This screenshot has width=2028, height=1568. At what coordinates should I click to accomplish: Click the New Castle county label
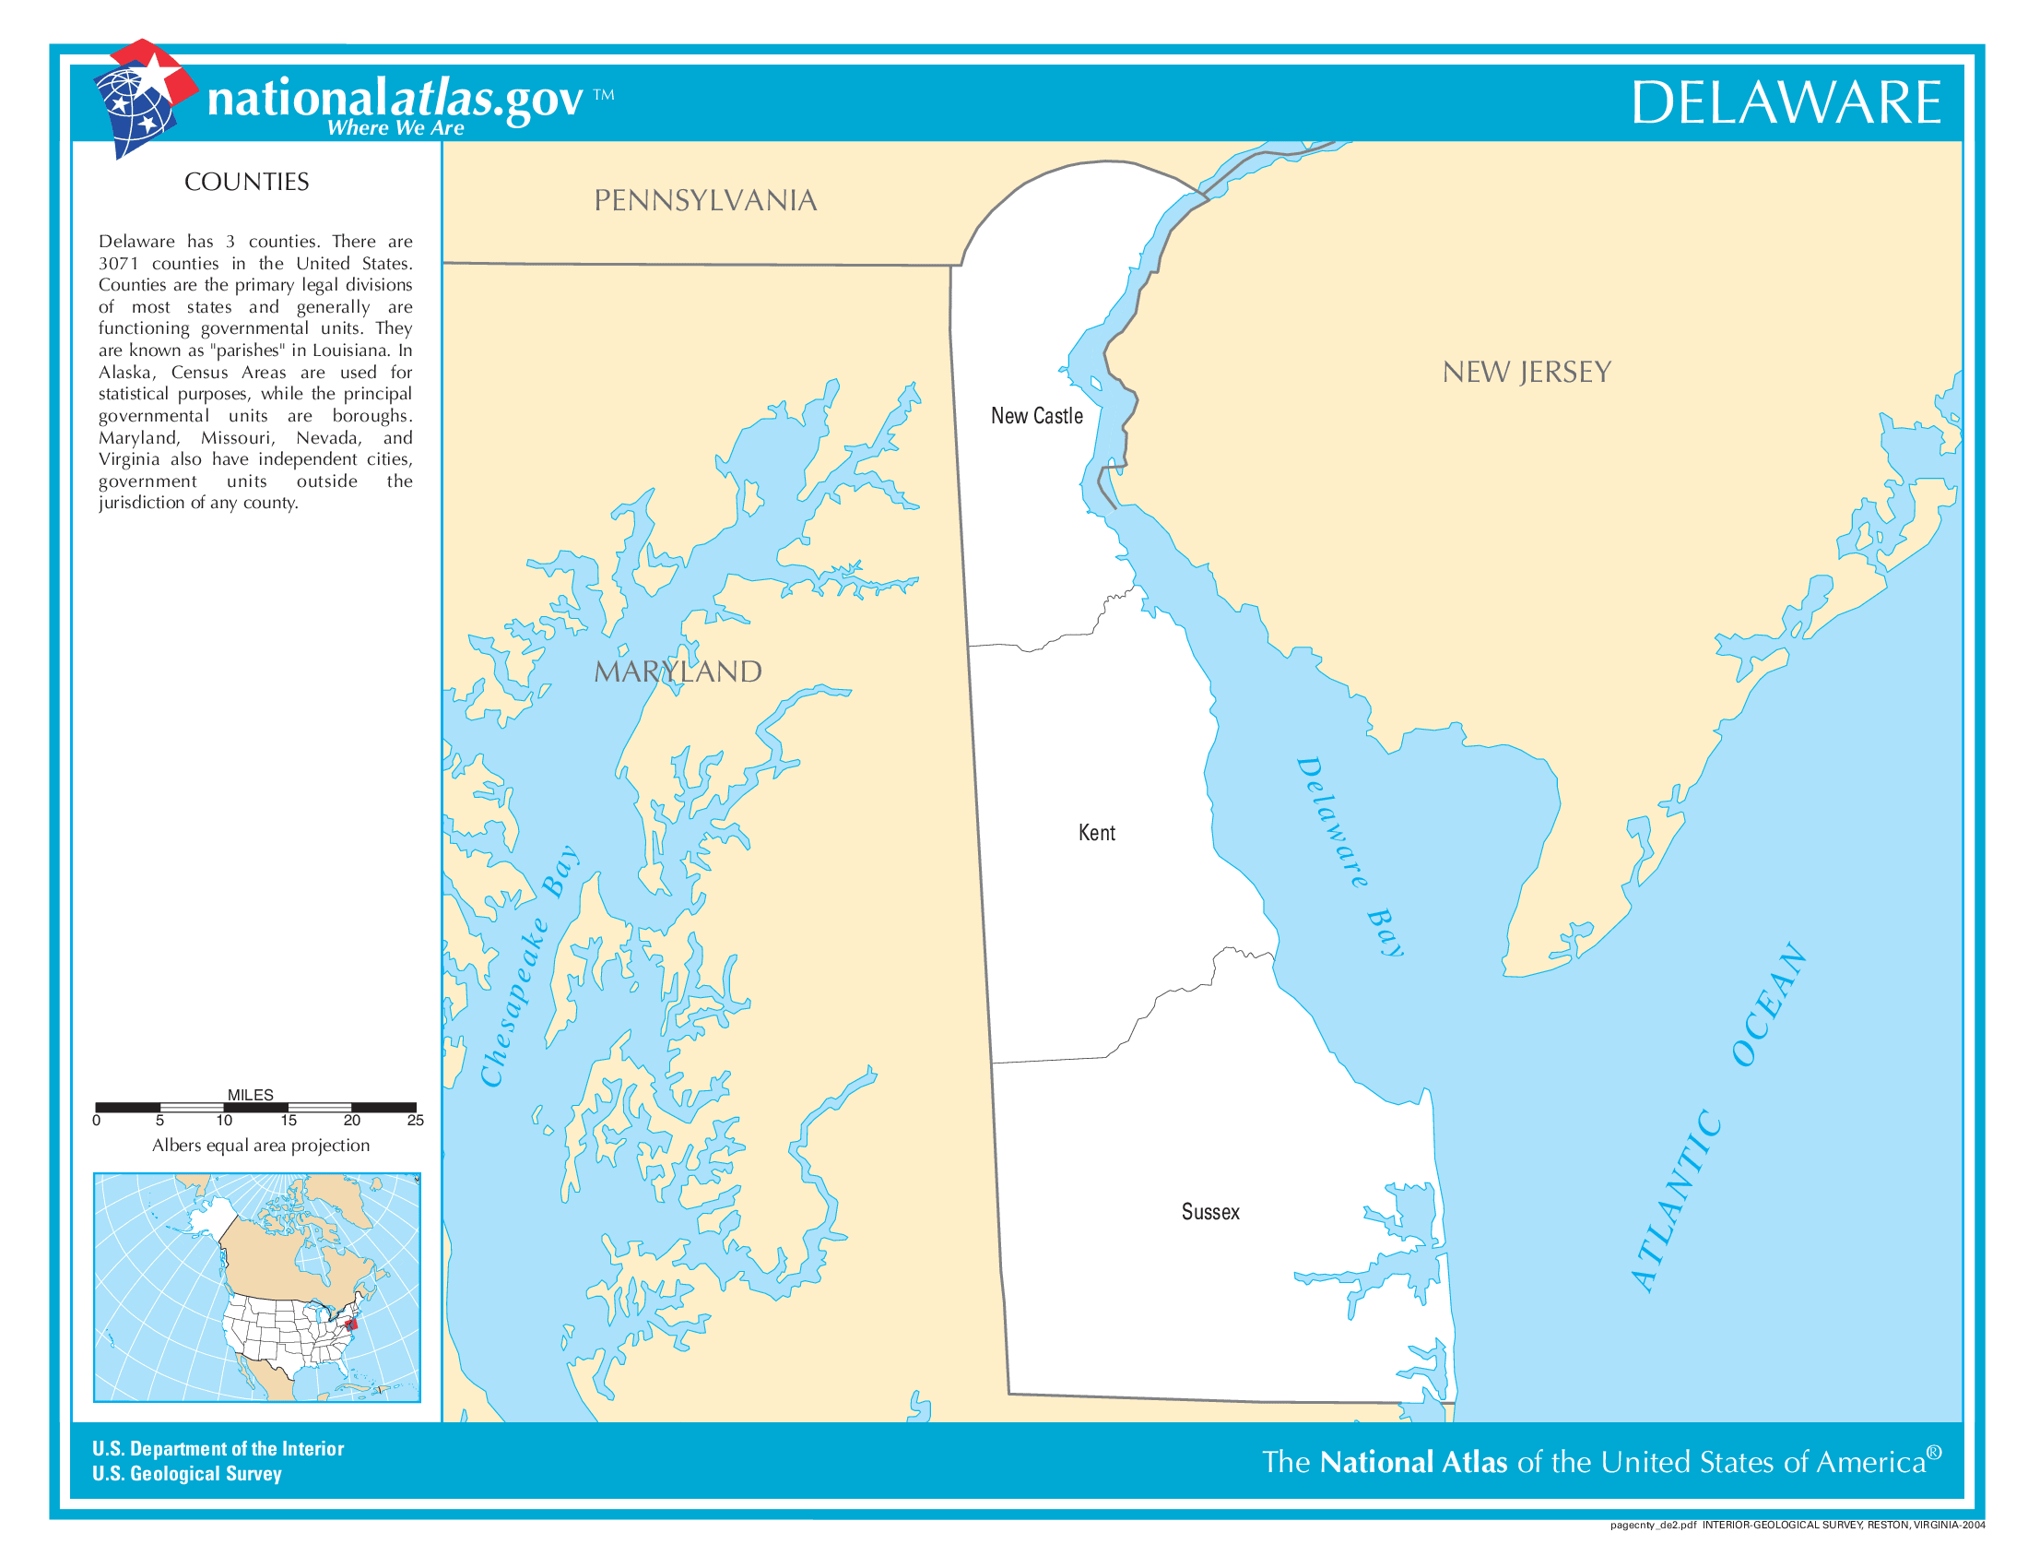(1036, 416)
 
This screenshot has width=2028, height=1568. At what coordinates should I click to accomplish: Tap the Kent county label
(1096, 833)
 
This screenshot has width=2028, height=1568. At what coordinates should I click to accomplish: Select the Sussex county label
(1210, 1212)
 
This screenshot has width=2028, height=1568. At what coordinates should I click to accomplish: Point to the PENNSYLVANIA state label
(705, 201)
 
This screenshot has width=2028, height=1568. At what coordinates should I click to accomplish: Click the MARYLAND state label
(677, 671)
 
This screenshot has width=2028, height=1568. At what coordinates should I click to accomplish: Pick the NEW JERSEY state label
(1526, 373)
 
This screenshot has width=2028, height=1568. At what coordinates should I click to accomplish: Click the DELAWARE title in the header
(1785, 102)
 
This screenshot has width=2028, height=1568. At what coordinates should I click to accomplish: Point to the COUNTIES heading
(246, 182)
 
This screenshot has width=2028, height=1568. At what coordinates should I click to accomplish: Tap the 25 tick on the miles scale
(415, 1121)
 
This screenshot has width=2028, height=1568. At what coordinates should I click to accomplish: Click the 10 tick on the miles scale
(224, 1121)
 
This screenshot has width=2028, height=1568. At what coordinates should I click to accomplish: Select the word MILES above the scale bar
(250, 1095)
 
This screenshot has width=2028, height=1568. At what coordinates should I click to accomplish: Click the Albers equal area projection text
(260, 1146)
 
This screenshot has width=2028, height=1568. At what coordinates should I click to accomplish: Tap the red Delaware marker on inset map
(351, 1323)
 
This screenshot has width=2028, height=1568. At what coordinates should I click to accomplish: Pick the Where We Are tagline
(395, 128)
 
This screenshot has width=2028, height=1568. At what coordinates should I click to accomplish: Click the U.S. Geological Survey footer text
(186, 1474)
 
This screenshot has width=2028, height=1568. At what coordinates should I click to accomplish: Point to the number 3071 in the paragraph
(119, 264)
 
